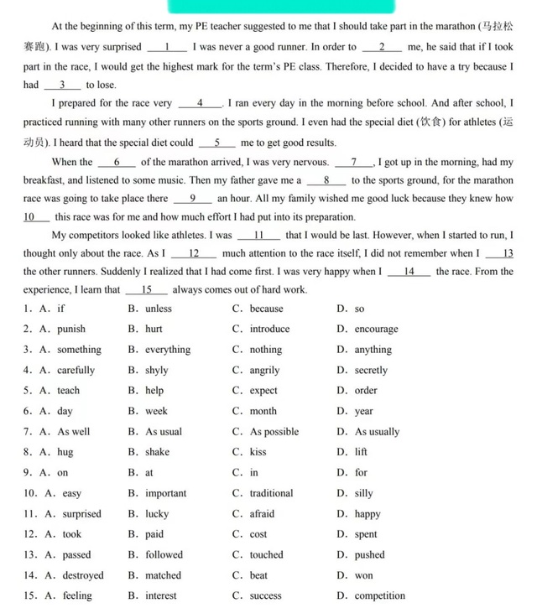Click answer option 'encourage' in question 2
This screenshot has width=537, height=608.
point(376,330)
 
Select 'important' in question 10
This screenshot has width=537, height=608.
point(166,493)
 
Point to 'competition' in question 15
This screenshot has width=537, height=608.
point(379,596)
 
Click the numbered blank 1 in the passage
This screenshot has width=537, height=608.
point(169,47)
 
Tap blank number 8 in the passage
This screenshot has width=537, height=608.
point(326,179)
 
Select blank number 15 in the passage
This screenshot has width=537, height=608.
point(146,289)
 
